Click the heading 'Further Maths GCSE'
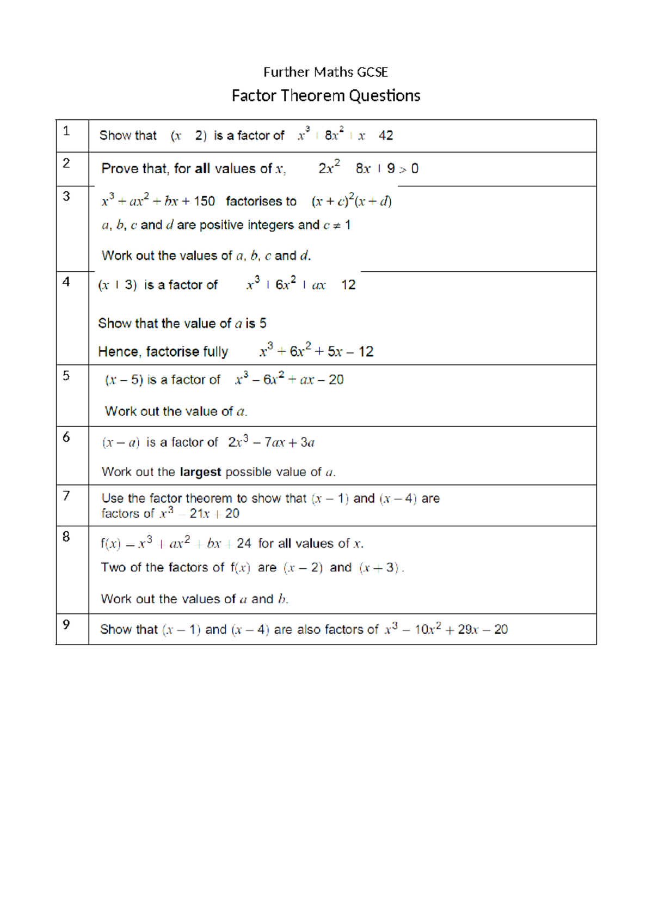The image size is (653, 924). point(325,72)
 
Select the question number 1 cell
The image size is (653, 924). point(72,136)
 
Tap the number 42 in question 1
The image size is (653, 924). point(385,136)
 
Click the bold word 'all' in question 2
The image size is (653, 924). point(202,169)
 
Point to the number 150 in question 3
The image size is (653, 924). point(204,202)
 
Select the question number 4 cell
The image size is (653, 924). point(72,318)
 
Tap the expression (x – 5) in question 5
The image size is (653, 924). point(124,380)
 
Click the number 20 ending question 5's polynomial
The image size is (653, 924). point(336,380)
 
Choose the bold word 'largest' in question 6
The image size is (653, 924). point(200,472)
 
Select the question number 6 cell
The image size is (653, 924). point(72,455)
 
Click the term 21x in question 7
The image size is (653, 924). point(200,514)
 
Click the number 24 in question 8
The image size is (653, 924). point(244,544)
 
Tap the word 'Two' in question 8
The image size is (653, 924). point(113,568)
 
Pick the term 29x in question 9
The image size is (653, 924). point(467,630)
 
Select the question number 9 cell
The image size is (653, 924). point(72,629)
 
